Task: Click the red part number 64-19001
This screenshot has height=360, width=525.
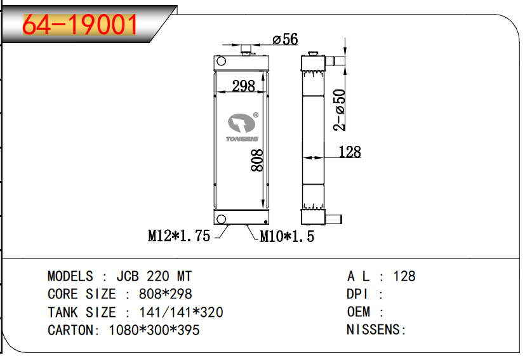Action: point(80,25)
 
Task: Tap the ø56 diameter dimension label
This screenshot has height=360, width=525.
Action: point(285,39)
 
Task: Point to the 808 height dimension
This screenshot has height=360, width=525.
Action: point(257,161)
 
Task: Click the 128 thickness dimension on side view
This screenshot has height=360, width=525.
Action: point(349,152)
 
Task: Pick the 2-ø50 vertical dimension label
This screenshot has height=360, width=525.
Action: point(341,109)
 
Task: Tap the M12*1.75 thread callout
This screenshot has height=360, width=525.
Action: point(179,236)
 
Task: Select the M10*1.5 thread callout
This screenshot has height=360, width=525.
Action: point(287,237)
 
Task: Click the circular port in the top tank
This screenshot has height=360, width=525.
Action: point(222,62)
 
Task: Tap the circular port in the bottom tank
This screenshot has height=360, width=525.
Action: point(222,219)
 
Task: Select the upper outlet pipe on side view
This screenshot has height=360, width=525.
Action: point(335,62)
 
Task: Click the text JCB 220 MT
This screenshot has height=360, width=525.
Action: point(154,276)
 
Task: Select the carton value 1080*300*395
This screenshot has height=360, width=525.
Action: point(154,330)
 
